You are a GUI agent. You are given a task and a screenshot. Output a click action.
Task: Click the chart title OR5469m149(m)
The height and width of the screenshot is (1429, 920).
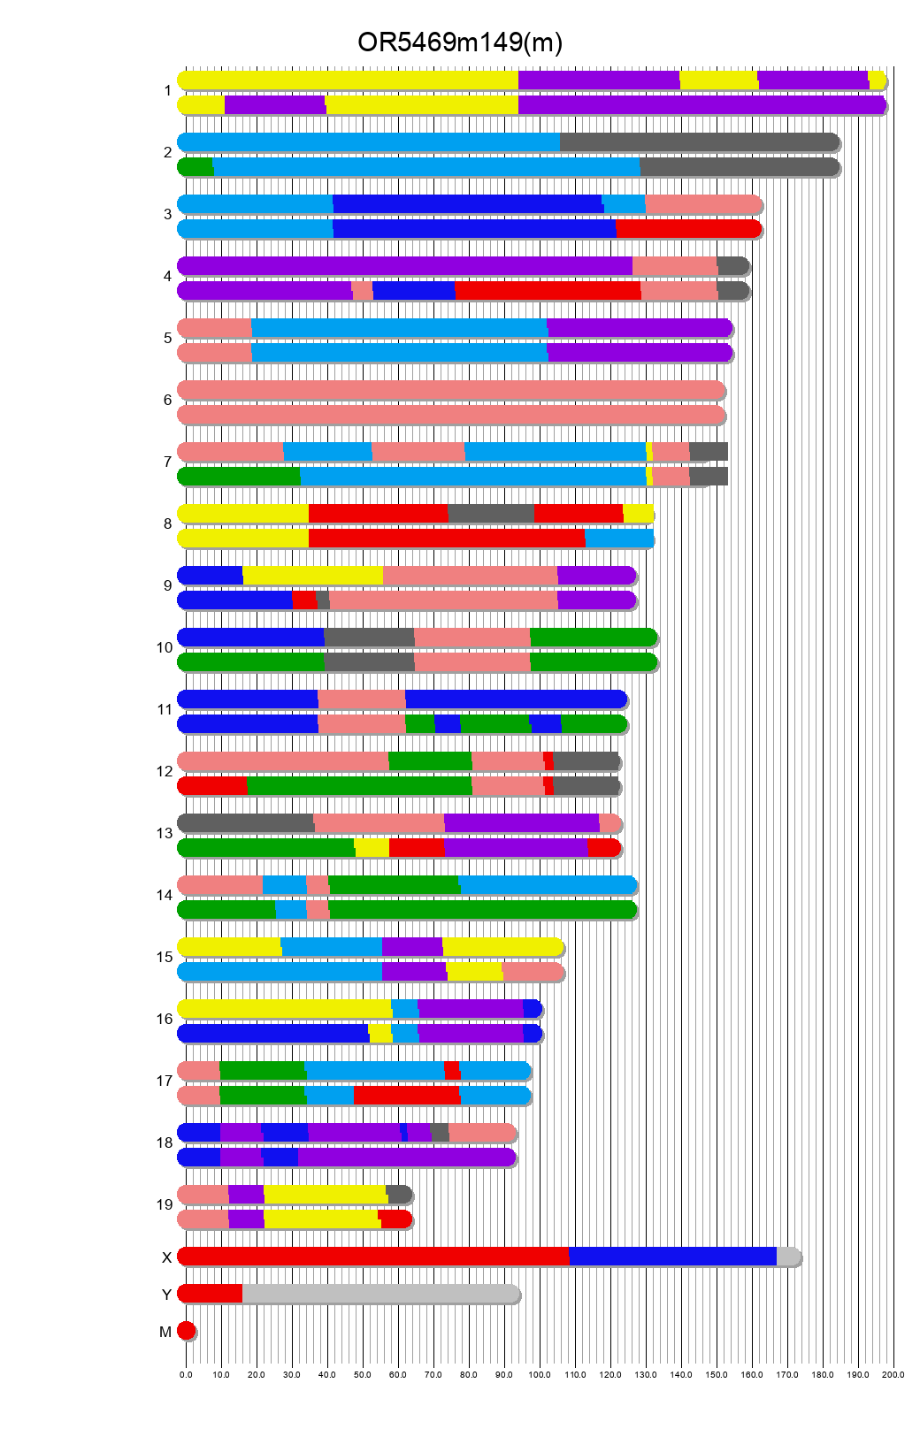click(x=459, y=42)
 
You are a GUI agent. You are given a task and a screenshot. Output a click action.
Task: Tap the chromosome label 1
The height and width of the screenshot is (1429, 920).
click(x=167, y=91)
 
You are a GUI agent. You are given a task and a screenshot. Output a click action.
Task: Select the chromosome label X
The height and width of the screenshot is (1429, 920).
click(x=166, y=1257)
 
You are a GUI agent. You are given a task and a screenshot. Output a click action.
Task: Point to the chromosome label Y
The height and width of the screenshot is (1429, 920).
click(x=166, y=1295)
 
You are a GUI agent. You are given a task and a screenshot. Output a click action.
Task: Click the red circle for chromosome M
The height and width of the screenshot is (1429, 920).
click(x=186, y=1331)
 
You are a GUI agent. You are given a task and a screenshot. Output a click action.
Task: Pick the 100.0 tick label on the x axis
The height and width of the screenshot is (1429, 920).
click(x=540, y=1375)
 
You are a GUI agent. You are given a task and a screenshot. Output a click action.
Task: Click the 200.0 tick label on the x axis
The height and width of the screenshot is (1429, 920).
click(x=893, y=1375)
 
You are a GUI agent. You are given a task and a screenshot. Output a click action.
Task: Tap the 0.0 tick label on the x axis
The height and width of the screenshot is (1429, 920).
click(x=186, y=1375)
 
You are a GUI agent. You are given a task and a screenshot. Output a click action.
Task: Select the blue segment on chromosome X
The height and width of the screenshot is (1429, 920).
click(x=672, y=1257)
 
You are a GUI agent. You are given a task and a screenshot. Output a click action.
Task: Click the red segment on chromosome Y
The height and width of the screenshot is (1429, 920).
click(x=211, y=1294)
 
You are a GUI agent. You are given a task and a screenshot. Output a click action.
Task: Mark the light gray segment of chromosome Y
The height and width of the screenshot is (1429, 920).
click(x=380, y=1294)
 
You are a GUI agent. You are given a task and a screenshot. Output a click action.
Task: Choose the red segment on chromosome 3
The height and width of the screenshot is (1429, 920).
click(x=688, y=229)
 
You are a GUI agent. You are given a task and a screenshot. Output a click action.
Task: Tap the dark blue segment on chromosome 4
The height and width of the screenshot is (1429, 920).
click(x=414, y=291)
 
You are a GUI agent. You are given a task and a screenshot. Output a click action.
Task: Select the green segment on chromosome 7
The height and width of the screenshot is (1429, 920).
click(x=239, y=477)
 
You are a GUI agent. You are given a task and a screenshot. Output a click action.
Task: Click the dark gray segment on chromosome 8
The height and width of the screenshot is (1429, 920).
click(x=491, y=514)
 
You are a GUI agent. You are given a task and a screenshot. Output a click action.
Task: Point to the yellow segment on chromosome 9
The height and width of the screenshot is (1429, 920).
click(x=312, y=576)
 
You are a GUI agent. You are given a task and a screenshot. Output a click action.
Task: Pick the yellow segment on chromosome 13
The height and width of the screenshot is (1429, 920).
click(x=372, y=848)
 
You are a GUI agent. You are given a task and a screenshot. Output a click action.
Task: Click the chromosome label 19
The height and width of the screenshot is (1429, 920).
click(x=165, y=1204)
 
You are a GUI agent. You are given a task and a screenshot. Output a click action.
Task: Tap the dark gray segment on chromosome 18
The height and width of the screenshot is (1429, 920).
click(x=440, y=1133)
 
